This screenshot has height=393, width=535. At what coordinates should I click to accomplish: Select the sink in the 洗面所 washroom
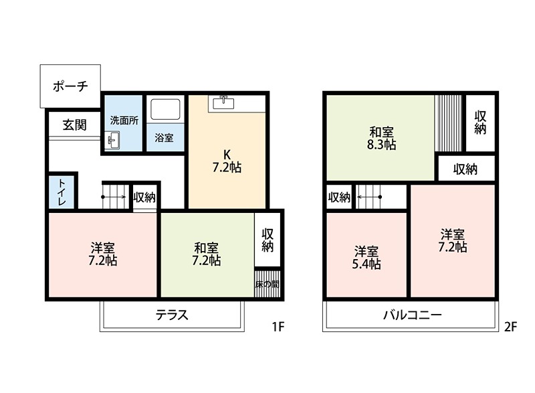tap(112, 141)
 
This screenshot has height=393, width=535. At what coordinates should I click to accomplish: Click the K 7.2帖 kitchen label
tap(226, 161)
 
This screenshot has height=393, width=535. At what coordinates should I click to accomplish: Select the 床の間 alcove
tap(267, 283)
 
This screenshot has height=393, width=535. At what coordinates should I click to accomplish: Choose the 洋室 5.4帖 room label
tap(366, 258)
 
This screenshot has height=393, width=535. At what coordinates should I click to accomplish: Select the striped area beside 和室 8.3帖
tap(448, 124)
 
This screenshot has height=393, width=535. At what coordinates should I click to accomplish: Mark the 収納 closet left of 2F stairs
tap(339, 197)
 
